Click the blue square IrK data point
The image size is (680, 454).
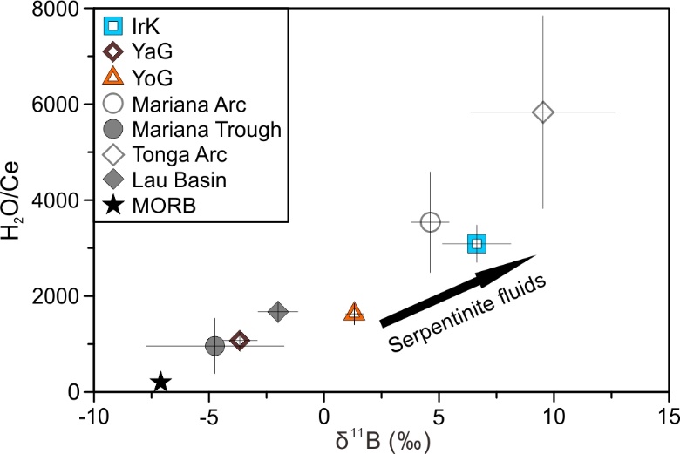coord(476,243)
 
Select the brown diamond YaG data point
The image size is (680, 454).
coord(239,340)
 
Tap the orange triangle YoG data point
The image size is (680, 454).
coord(354,313)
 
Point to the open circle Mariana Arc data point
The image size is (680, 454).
coord(430,222)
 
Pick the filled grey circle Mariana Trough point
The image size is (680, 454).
coord(214,346)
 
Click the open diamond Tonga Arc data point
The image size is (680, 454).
coord(543,112)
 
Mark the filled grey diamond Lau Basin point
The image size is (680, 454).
coord(278,311)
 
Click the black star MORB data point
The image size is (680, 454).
coord(161,382)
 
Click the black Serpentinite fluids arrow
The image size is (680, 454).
coord(457,290)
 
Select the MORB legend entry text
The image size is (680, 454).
coord(160,207)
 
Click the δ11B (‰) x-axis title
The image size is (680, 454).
coord(382,437)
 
